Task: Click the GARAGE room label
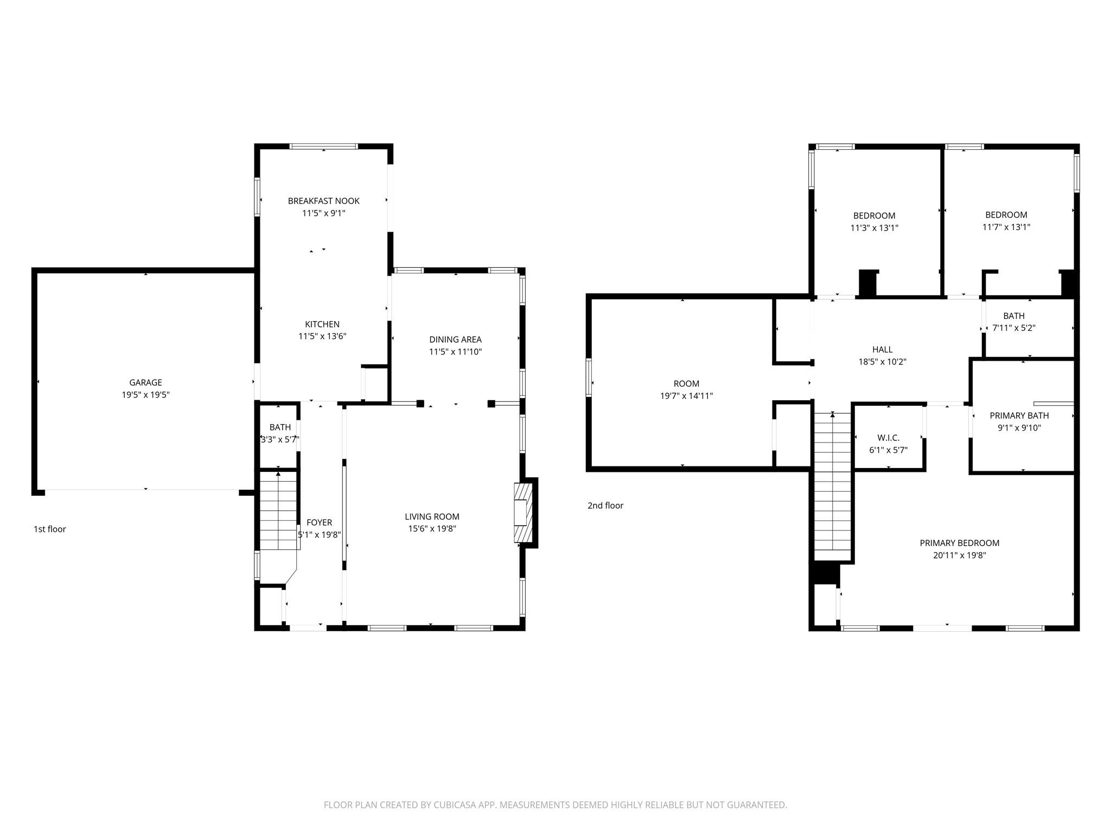click(145, 382)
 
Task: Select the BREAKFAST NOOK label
click(323, 201)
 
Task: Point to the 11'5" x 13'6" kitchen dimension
click(322, 336)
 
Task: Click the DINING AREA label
click(455, 339)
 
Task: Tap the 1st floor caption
click(50, 529)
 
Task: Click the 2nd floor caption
click(605, 505)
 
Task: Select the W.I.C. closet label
click(888, 438)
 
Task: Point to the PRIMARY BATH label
click(1019, 415)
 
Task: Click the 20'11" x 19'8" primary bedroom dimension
click(959, 555)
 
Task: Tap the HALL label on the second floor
click(882, 349)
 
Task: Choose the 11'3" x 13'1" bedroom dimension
click(874, 228)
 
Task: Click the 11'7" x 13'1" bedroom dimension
click(1006, 227)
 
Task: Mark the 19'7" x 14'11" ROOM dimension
click(686, 396)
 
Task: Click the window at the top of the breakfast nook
click(323, 146)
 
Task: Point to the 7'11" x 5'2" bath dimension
click(1013, 328)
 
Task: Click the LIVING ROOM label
click(432, 516)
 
